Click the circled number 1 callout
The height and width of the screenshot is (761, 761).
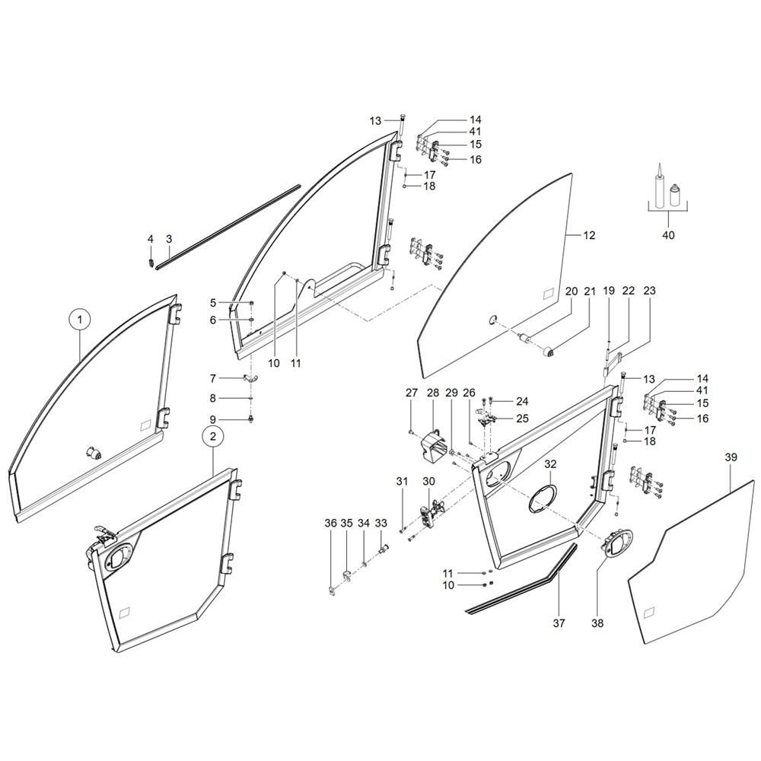(80, 320)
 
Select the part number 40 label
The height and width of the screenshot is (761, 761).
(668, 235)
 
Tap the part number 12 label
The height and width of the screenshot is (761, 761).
(589, 235)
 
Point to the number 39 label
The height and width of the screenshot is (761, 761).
(731, 457)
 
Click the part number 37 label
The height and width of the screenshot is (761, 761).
(559, 622)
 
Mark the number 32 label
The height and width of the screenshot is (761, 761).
(550, 464)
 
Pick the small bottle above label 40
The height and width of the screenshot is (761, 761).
(673, 196)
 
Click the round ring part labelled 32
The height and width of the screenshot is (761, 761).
(543, 498)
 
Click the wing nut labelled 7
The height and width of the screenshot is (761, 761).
(250, 378)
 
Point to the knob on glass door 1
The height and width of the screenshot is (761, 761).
(94, 454)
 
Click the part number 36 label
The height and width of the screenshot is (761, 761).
(330, 524)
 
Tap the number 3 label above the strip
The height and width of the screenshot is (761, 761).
(169, 239)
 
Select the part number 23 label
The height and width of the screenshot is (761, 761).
(649, 291)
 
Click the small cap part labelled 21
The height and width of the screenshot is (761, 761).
(549, 352)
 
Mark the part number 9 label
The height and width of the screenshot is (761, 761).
(212, 419)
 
